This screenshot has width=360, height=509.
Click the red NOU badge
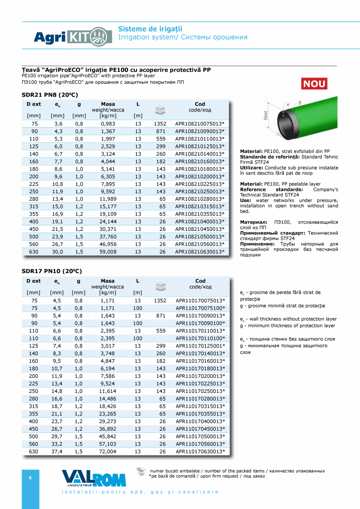click(x=314, y=84)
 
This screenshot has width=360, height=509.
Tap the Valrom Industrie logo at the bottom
click(x=94, y=478)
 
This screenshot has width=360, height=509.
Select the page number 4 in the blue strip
click(x=30, y=477)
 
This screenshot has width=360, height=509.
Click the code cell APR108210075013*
click(x=200, y=124)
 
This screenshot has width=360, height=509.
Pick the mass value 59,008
click(x=108, y=252)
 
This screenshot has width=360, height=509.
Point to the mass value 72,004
click(x=108, y=451)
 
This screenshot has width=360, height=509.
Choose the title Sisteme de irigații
click(x=150, y=29)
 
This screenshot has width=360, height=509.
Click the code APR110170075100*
click(x=200, y=308)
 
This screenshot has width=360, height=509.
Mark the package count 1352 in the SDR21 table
click(x=160, y=124)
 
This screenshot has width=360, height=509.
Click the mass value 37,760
click(x=108, y=237)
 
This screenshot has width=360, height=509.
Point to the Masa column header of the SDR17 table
click(x=108, y=281)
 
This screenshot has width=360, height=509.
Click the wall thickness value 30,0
click(x=58, y=252)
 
